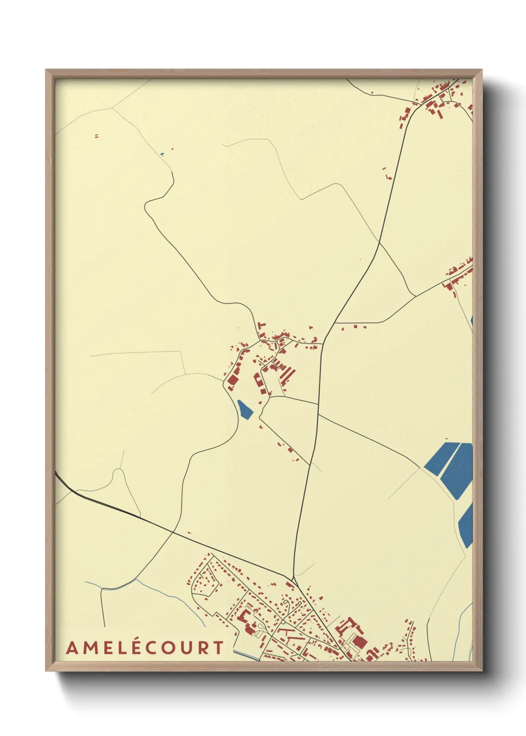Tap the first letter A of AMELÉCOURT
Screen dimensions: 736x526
click(x=72, y=648)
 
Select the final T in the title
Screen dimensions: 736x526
click(x=217, y=648)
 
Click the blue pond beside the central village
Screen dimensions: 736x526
click(x=245, y=409)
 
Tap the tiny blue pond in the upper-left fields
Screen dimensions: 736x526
click(x=162, y=154)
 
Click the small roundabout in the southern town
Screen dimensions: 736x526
click(x=282, y=621)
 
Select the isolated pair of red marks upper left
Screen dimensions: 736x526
click(x=96, y=135)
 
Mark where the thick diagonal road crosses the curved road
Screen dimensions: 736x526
click(x=173, y=532)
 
